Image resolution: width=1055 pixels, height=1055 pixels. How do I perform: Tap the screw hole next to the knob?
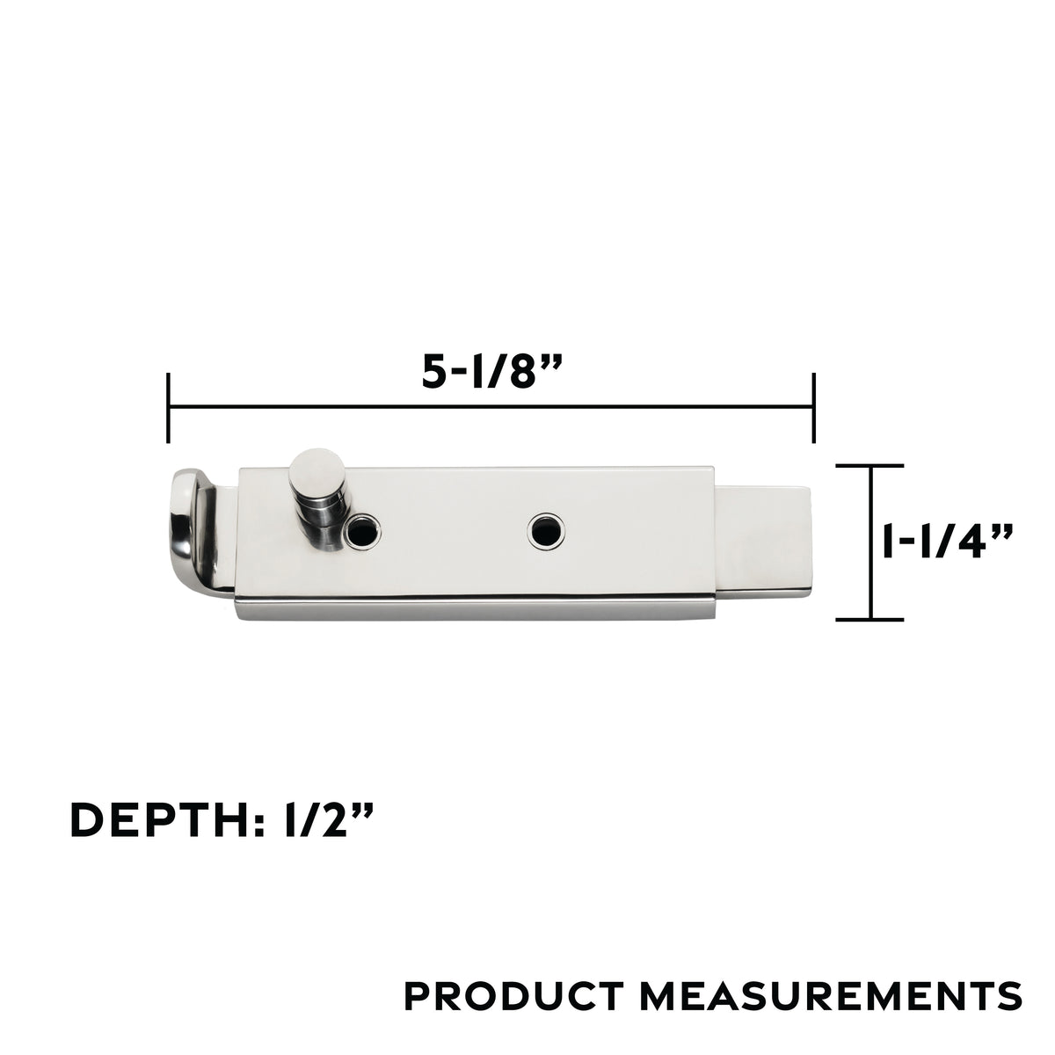[362, 530]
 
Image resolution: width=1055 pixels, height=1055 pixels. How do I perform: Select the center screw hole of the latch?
[546, 530]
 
